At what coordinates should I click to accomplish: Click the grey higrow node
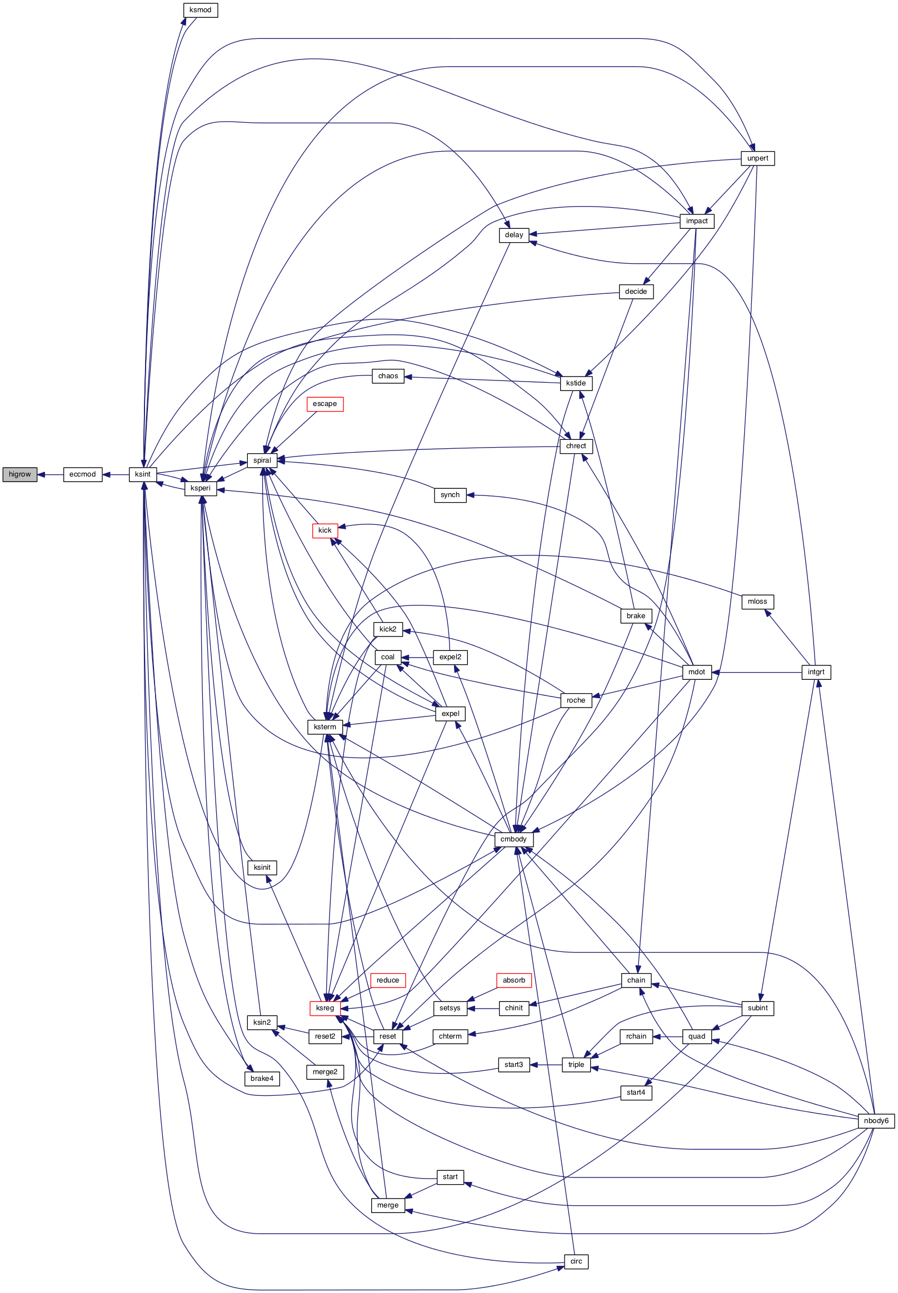(x=19, y=474)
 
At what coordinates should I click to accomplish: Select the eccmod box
(x=83, y=474)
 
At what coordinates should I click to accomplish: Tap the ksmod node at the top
(x=200, y=10)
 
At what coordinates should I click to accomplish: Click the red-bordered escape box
(x=325, y=404)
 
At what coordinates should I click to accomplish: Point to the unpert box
(x=757, y=158)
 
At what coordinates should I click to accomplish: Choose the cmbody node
(x=513, y=839)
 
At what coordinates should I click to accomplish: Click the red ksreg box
(x=325, y=1008)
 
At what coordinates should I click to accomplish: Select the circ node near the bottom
(x=576, y=1261)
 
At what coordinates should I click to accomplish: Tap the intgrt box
(x=816, y=671)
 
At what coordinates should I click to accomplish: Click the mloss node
(x=757, y=601)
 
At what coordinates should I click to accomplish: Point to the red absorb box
(x=513, y=980)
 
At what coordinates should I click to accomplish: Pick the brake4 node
(x=262, y=1078)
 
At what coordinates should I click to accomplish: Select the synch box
(x=450, y=495)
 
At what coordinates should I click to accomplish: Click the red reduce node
(x=388, y=980)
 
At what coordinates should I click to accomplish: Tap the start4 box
(x=636, y=1092)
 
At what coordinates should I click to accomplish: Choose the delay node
(x=513, y=234)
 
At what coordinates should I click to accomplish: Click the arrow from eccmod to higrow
(x=50, y=474)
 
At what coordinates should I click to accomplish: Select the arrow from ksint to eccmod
(x=116, y=474)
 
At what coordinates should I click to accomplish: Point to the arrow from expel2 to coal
(x=417, y=657)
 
